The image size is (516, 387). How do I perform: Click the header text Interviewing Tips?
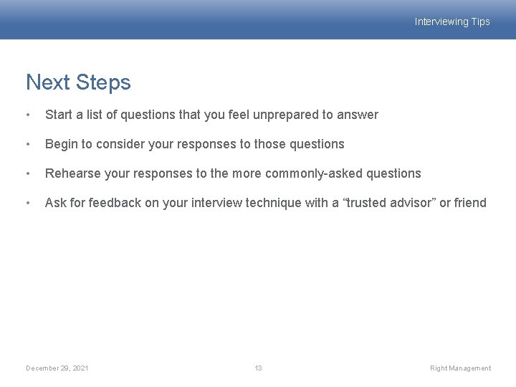452,21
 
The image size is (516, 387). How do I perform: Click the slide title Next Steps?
78,82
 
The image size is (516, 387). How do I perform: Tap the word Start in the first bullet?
58,115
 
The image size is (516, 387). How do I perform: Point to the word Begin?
61,144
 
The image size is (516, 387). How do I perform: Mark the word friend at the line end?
470,203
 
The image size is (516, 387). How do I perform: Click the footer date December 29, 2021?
57,368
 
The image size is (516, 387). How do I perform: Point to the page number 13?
258,368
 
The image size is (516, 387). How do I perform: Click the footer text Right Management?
460,368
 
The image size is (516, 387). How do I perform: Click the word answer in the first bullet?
360,115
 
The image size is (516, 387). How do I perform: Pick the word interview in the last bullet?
216,203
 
